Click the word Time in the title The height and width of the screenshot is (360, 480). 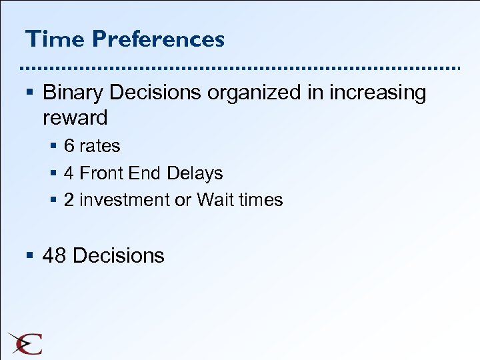(55, 39)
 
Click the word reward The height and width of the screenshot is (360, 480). (75, 118)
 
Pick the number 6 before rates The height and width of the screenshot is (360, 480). (69, 146)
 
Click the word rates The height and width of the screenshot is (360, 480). (100, 146)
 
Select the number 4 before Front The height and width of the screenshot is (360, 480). (69, 173)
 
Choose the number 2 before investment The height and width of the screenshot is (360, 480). (69, 200)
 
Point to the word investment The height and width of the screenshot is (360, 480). (123, 200)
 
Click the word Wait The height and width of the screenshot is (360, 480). (213, 200)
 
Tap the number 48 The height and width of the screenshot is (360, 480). (55, 255)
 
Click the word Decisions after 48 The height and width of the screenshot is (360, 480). (118, 255)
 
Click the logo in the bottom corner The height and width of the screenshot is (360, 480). (25, 343)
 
